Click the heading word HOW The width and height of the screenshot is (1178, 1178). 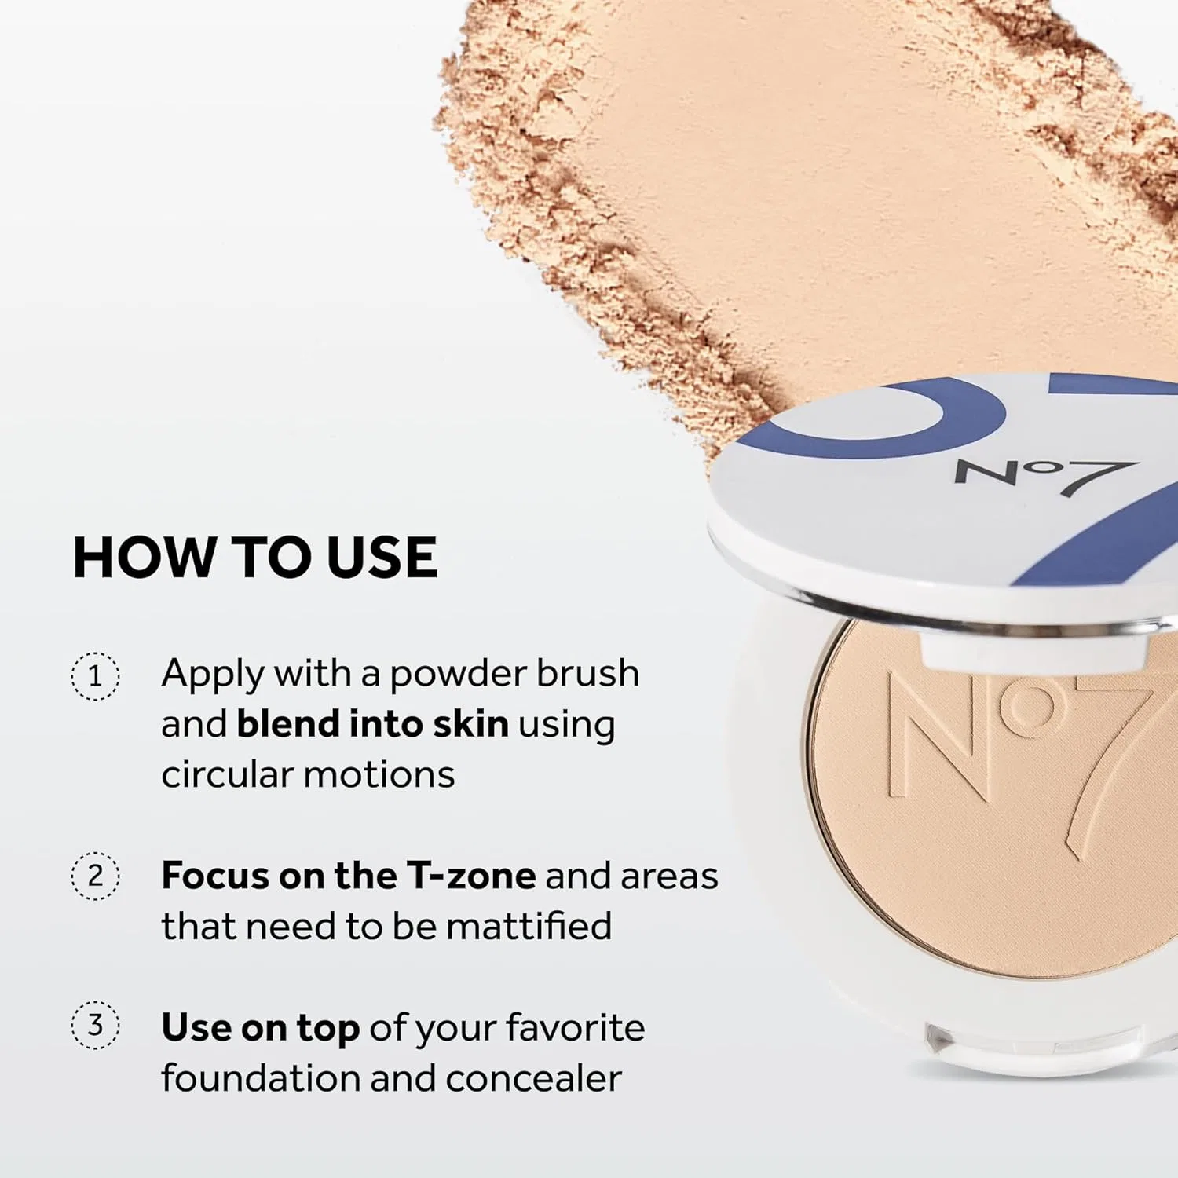[x=144, y=558]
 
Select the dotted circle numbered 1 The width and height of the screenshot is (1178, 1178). [x=95, y=675]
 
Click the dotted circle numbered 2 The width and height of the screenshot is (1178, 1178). [x=95, y=875]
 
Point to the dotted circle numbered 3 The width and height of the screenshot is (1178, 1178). [x=95, y=1025]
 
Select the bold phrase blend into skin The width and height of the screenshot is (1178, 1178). [x=372, y=723]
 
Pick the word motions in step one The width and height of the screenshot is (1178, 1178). [x=379, y=775]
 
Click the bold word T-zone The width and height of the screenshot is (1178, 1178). [x=471, y=875]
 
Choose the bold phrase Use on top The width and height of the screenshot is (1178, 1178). [x=261, y=1029]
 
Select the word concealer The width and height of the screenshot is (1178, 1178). [x=534, y=1078]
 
